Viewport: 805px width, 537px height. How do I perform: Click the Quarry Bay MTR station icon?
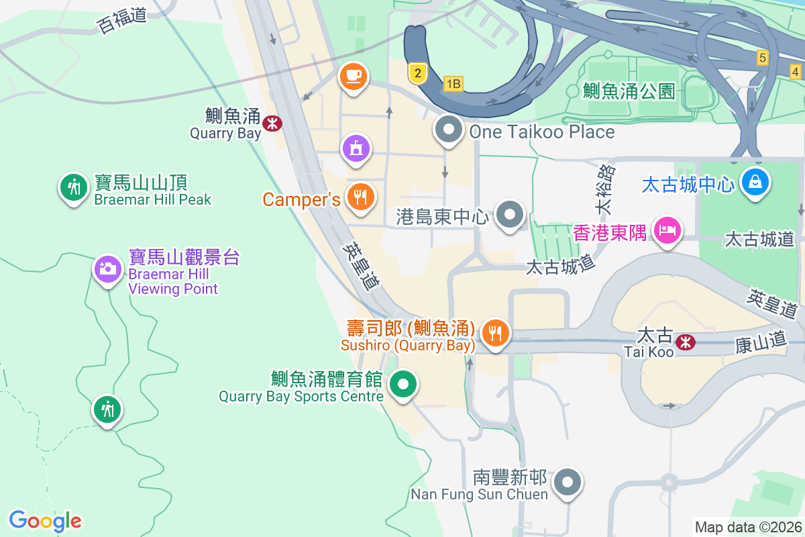click(x=272, y=123)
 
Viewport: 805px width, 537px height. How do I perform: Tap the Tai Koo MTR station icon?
click(x=686, y=342)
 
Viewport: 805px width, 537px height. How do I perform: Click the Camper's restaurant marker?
click(x=361, y=197)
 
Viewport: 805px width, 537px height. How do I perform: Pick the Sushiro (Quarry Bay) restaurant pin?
click(x=496, y=333)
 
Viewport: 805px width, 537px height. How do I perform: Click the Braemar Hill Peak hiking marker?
click(x=74, y=187)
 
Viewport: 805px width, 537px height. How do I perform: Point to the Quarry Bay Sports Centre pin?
click(x=404, y=385)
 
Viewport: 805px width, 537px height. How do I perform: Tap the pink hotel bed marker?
click(x=667, y=230)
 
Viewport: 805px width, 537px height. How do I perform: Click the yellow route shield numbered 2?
click(x=417, y=73)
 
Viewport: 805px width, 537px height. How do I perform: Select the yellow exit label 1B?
click(x=453, y=84)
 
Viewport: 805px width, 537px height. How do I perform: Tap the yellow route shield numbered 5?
click(x=762, y=58)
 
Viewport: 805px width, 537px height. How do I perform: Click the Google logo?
click(x=45, y=521)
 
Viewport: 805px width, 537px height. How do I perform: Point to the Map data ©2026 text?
click(x=747, y=527)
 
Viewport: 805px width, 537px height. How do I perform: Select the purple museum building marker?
click(x=356, y=147)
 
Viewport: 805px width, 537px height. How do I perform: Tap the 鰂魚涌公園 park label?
click(x=629, y=91)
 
